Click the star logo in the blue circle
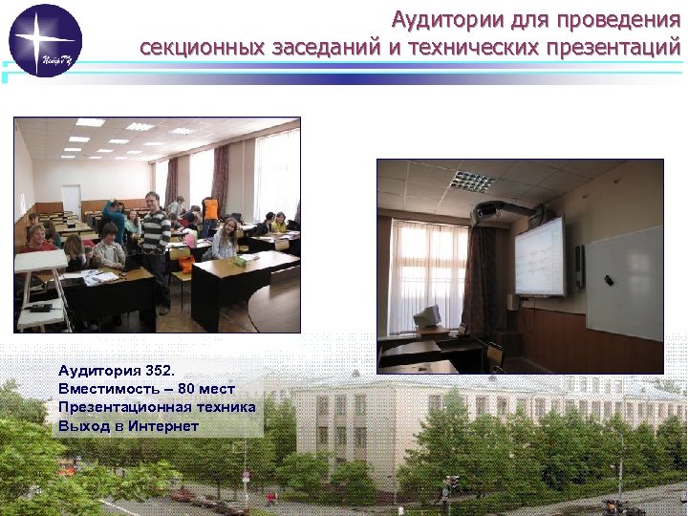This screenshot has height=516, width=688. click(45, 40)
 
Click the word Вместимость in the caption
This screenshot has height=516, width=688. click(106, 389)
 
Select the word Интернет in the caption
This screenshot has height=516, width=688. click(163, 425)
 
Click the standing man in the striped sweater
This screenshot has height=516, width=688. click(156, 244)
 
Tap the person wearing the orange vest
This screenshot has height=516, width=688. click(209, 211)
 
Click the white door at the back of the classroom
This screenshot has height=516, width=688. click(72, 200)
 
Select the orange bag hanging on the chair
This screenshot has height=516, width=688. click(185, 264)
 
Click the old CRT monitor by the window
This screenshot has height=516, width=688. click(427, 318)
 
